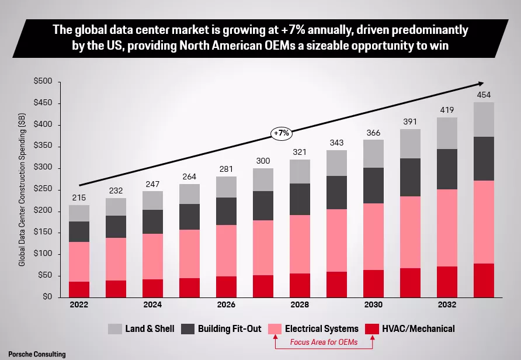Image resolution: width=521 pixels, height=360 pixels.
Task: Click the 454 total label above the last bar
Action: point(484,95)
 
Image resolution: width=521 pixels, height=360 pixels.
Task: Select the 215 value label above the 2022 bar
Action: point(79,198)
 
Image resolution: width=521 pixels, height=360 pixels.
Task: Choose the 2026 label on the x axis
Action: point(226,305)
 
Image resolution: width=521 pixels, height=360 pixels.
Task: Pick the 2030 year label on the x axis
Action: point(373,305)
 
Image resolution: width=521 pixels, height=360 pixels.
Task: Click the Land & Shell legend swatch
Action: point(114,328)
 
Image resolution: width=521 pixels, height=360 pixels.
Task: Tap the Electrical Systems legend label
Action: point(321,328)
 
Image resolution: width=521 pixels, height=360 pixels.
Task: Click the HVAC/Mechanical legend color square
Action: point(373,328)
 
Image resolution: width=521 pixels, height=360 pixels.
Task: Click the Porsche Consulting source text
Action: point(33,354)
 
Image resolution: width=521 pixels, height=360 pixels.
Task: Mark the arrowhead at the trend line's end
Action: point(480,84)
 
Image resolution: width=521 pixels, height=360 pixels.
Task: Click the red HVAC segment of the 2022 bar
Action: point(79,289)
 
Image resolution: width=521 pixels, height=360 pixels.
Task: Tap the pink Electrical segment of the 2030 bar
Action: point(373,237)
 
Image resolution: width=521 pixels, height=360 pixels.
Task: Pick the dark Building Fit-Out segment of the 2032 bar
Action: point(447,169)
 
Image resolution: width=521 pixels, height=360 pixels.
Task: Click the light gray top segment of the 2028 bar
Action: point(300,171)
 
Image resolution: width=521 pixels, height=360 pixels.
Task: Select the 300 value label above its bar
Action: point(263,161)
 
